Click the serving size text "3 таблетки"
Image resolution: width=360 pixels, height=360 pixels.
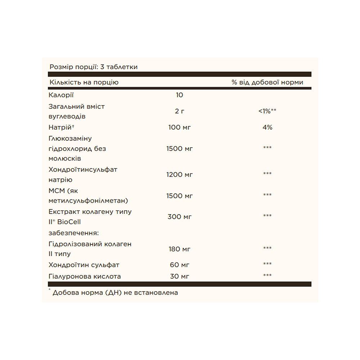point(119,67)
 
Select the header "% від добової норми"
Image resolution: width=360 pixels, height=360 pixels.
point(267,82)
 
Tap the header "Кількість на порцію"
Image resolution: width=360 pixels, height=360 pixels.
point(84,82)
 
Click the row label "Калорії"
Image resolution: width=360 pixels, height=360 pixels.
point(61,95)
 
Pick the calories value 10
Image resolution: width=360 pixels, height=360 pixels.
point(180,95)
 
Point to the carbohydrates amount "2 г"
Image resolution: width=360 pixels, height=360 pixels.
point(180,111)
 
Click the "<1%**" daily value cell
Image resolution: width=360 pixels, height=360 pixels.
point(267,111)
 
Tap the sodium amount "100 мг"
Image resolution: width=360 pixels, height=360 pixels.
point(180,127)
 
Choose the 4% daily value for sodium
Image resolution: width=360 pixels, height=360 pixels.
point(267,127)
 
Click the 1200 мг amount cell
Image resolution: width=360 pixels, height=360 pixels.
point(180,175)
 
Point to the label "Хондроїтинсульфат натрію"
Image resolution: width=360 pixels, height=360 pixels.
point(83,175)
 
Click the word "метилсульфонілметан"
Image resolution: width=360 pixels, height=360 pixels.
point(89,201)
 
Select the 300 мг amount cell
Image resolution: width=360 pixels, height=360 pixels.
point(180,217)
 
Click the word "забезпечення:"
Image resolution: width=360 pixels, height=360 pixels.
point(73,233)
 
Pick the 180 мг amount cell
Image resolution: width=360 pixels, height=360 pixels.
point(180,249)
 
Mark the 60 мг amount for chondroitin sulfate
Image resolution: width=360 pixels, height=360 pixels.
point(180,265)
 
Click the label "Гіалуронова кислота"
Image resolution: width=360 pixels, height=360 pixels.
point(85,276)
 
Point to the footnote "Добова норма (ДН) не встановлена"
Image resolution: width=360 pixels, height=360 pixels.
point(115,292)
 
